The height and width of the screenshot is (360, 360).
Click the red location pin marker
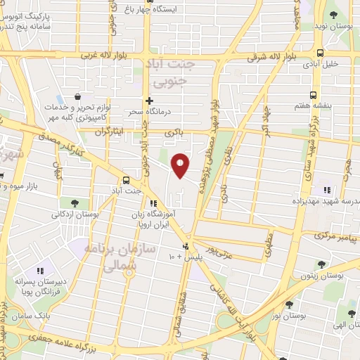pyautogui.click(x=181, y=165)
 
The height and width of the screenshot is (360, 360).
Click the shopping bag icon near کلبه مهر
pyautogui.click(x=78, y=98)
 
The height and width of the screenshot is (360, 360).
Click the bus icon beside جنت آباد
pyautogui.click(x=126, y=180)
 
